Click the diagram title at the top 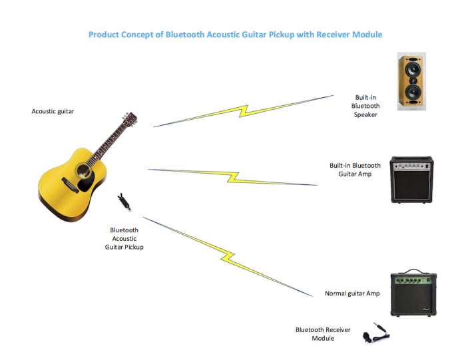[236, 34]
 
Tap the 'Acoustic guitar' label [53, 111]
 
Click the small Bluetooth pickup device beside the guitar [123, 200]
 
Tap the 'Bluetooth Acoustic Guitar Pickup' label [124, 238]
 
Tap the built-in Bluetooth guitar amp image [411, 180]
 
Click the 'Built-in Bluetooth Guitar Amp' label [355, 170]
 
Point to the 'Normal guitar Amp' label [352, 293]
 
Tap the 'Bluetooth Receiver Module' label [323, 333]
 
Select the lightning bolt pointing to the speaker [244, 111]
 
